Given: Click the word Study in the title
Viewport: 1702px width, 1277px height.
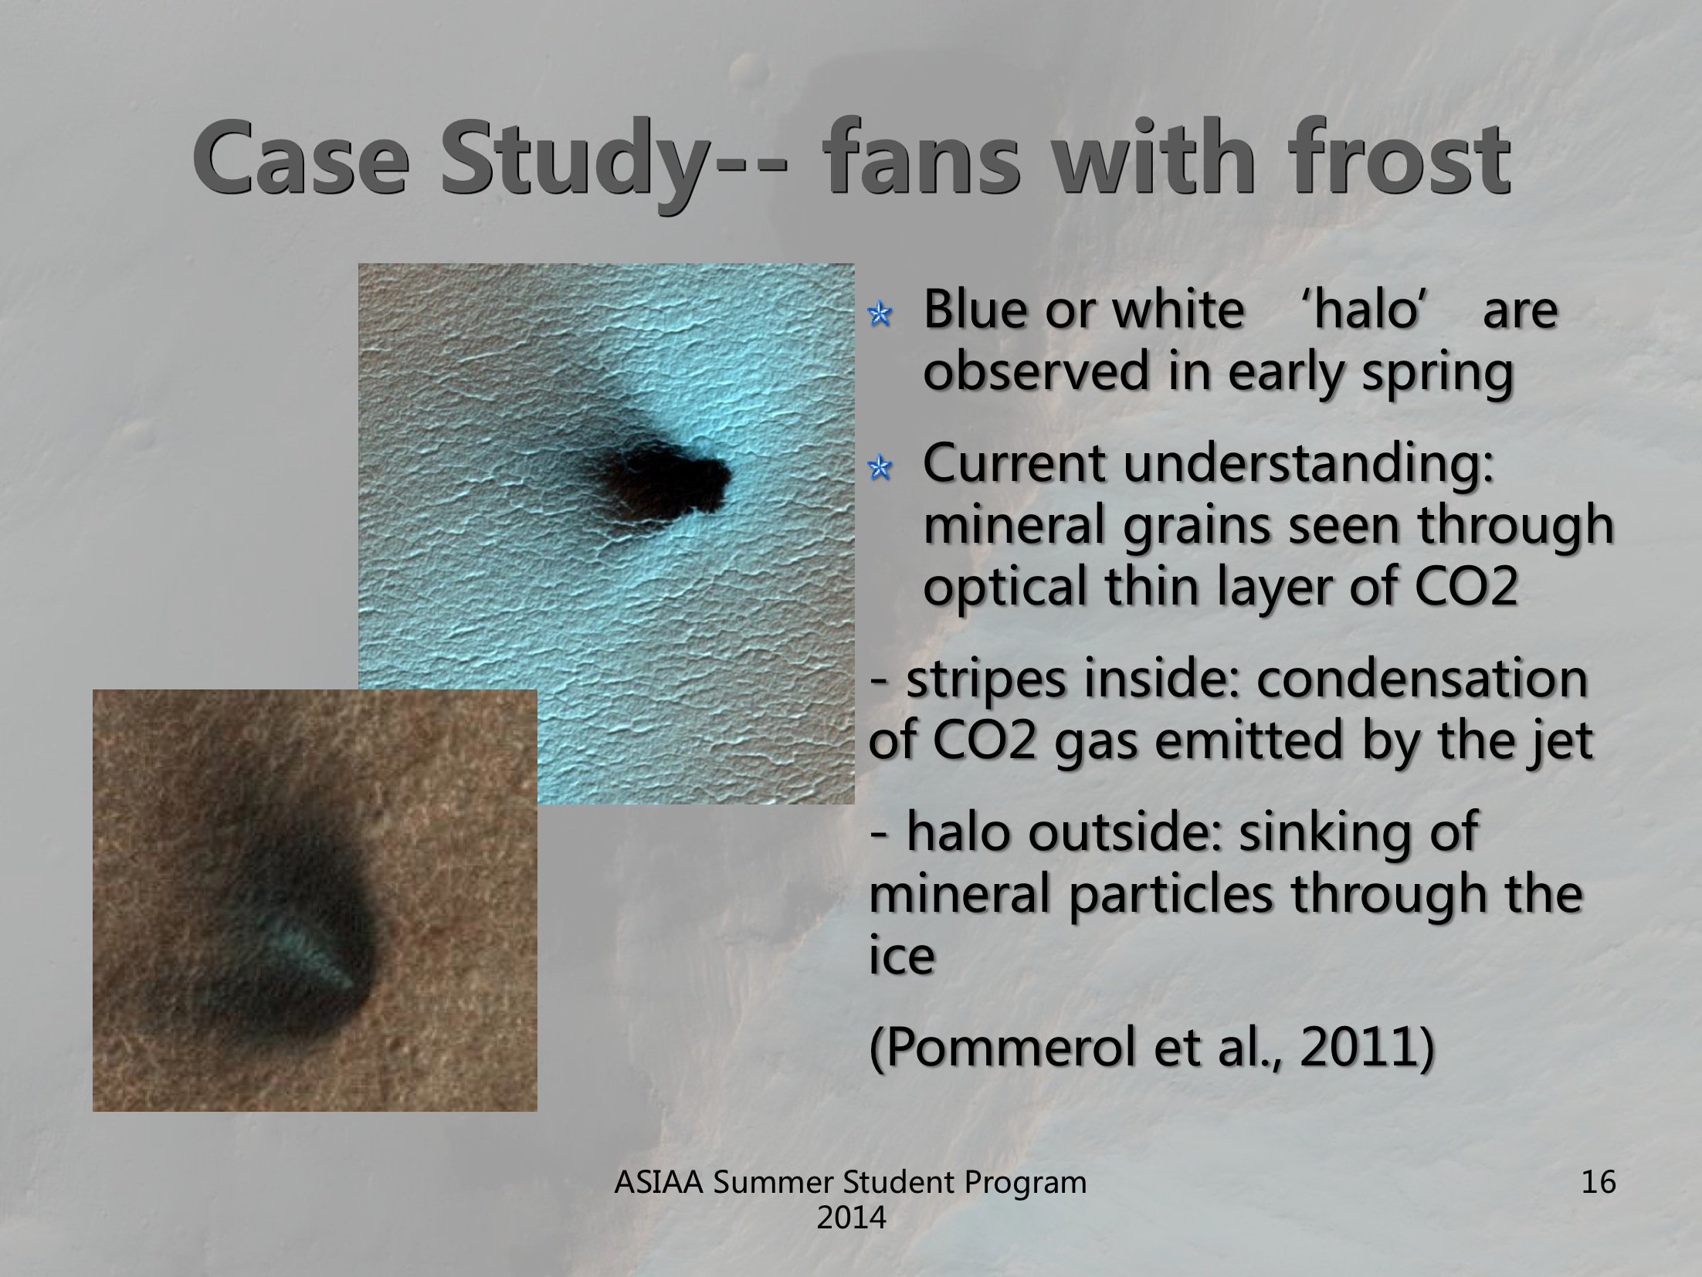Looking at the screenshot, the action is tap(571, 159).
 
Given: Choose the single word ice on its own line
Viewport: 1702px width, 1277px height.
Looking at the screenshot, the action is tap(902, 957).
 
